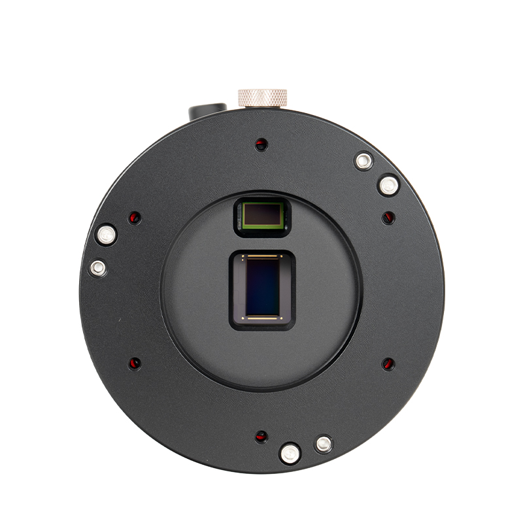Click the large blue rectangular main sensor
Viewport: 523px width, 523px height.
click(x=264, y=287)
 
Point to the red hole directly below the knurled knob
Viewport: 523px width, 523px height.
click(x=261, y=143)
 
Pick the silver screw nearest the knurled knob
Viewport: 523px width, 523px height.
click(x=363, y=160)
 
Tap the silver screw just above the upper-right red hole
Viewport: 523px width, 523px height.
click(x=389, y=185)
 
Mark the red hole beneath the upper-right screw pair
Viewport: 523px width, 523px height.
click(x=388, y=217)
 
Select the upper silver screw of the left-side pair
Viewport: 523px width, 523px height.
click(x=105, y=233)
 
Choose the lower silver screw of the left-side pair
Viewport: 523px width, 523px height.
click(x=97, y=267)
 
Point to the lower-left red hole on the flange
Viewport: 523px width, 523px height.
click(x=135, y=363)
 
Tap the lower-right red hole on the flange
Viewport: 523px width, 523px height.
click(x=388, y=363)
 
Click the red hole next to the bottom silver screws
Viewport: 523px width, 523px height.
click(x=261, y=436)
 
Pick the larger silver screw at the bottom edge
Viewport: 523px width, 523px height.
click(x=289, y=452)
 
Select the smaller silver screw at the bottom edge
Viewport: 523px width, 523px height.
click(x=323, y=445)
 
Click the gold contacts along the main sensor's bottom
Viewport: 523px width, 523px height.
click(x=264, y=318)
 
